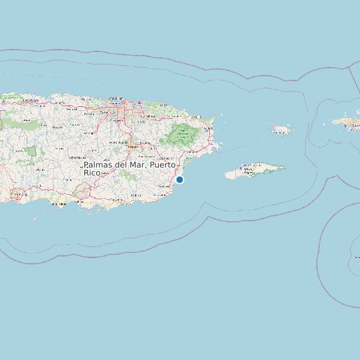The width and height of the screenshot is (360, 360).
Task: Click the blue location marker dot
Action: click(x=179, y=179)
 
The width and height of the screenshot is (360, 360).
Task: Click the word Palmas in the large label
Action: click(x=98, y=164)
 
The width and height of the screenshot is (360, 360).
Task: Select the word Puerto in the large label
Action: click(x=163, y=164)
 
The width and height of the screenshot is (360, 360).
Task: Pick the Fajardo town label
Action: click(x=208, y=129)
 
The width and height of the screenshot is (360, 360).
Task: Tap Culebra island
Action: click(x=282, y=129)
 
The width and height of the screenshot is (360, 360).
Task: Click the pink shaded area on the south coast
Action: click(x=82, y=192)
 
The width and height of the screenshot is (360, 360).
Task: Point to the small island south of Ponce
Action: click(x=35, y=219)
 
